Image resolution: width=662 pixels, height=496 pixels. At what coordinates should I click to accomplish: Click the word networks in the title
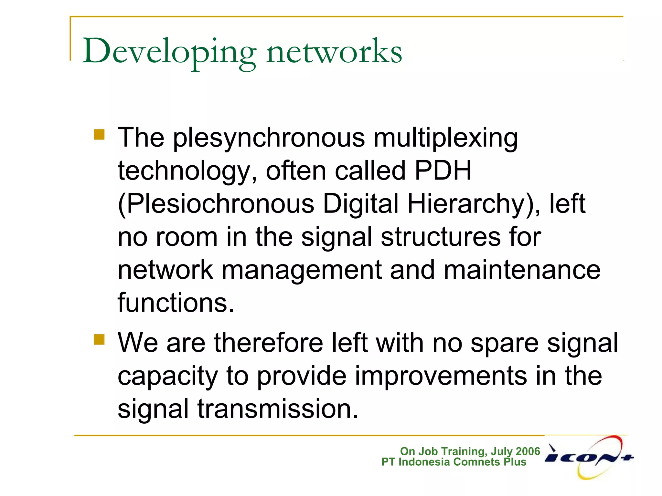pos(334,52)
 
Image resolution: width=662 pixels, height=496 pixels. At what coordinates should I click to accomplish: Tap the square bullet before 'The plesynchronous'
pos(99,134)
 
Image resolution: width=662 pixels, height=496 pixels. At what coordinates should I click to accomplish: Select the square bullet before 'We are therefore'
pos(99,339)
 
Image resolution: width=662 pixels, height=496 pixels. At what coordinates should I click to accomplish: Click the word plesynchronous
pos(269,138)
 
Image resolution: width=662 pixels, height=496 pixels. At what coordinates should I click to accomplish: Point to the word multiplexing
pos(446,138)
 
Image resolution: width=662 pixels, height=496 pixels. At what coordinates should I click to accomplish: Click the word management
pos(302,271)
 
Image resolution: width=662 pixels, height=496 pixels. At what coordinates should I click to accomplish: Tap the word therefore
pos(268,343)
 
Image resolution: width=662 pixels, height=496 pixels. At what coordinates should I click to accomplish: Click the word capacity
pos(167,377)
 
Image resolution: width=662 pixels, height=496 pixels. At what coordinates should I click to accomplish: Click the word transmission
pos(278,409)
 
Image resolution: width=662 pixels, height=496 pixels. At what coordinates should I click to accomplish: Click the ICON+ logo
pos(589,458)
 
